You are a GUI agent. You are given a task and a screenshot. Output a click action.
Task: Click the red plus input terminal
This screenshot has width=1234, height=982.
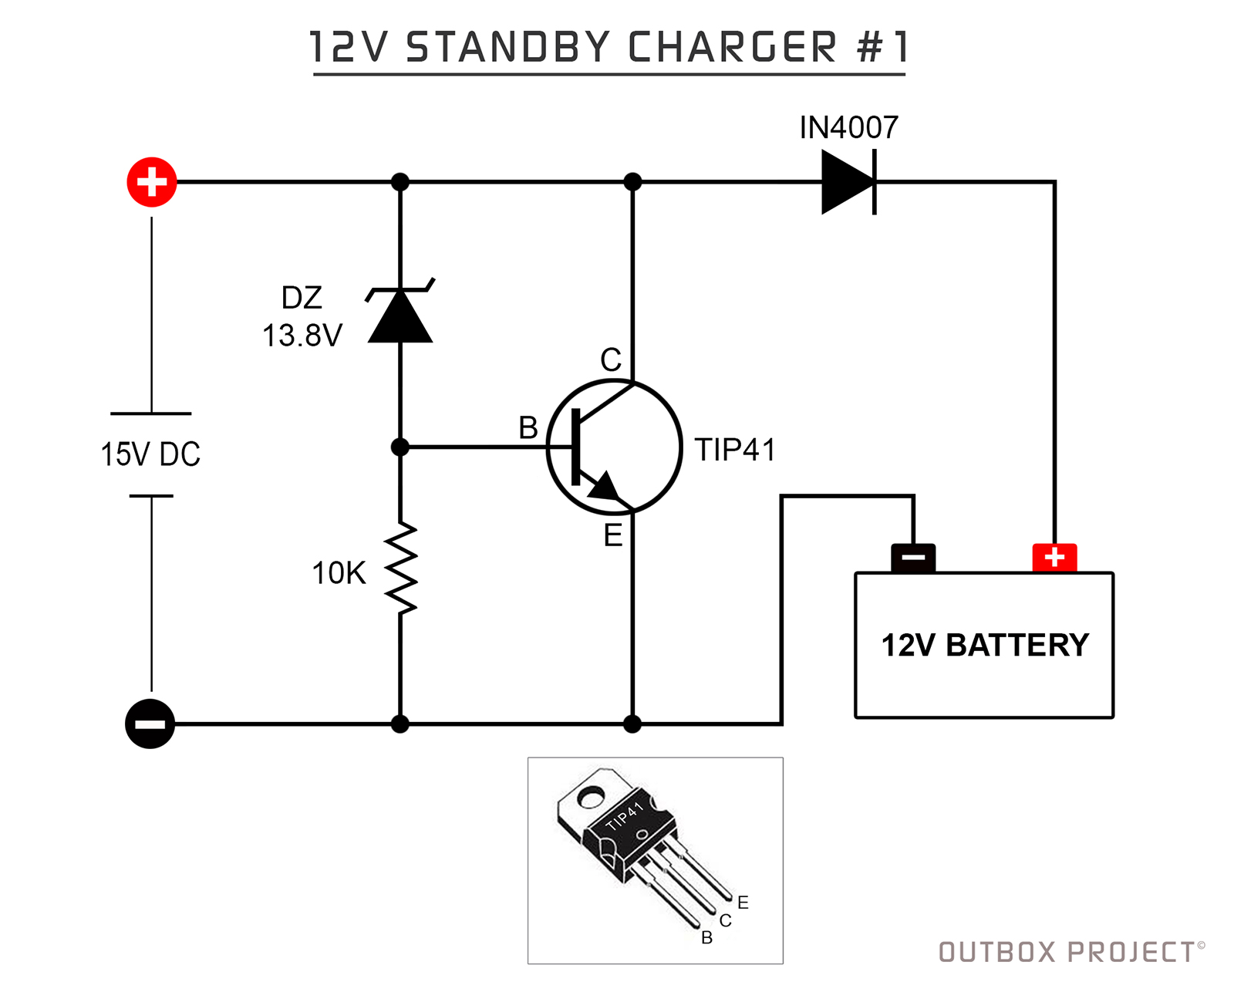point(152,182)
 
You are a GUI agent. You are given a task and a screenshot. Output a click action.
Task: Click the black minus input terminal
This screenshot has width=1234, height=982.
point(150,724)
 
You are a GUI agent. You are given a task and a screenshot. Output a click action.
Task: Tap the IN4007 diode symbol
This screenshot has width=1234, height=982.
point(849,182)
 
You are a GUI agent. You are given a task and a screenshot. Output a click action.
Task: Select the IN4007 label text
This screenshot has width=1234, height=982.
point(848,127)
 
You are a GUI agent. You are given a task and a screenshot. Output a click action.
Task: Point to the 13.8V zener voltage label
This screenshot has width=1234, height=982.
point(302,336)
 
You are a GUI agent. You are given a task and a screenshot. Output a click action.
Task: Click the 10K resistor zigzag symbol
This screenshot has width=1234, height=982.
point(400,569)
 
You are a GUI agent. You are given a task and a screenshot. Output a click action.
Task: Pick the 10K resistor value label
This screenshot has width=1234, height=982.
point(339,573)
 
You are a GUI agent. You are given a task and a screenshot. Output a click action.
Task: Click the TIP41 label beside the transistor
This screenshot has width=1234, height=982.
point(735,450)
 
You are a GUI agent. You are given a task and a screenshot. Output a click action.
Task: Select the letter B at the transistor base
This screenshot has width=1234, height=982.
point(528,427)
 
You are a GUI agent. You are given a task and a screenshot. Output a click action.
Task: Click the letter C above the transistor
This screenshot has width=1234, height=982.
point(611,360)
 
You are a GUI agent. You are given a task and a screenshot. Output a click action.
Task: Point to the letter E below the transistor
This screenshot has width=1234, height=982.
point(613,535)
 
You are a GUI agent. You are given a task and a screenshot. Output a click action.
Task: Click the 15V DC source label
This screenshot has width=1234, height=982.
point(150,454)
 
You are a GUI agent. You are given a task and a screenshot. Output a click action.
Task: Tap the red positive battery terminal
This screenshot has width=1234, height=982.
point(1054,557)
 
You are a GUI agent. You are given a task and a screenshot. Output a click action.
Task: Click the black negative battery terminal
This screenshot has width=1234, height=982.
point(913,557)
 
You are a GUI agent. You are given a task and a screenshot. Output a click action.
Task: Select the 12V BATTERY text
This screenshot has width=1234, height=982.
point(985,645)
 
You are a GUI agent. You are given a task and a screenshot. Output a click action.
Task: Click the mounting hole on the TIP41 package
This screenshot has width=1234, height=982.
point(592,795)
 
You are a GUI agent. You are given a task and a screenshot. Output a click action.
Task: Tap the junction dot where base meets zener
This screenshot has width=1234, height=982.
point(400,447)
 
